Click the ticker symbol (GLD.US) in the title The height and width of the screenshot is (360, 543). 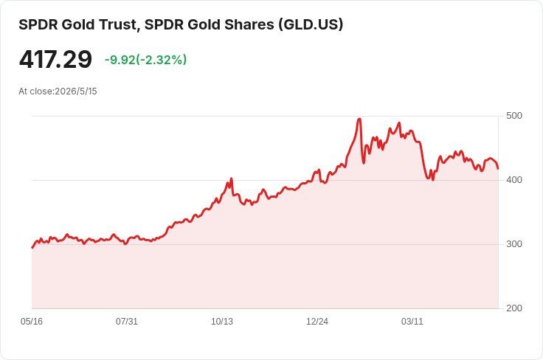click(x=311, y=24)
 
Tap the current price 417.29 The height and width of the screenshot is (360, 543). click(x=55, y=59)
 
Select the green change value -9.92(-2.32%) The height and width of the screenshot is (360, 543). click(x=146, y=60)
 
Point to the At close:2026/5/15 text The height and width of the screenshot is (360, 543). click(x=58, y=91)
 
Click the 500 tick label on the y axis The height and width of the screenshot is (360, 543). click(x=514, y=116)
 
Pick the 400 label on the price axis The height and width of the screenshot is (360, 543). click(x=514, y=180)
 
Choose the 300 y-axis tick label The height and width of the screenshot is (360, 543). click(x=514, y=244)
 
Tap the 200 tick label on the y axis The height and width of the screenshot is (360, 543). click(x=514, y=308)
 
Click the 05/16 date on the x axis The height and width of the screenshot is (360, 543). click(x=32, y=322)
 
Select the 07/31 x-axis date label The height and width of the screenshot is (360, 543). click(x=127, y=322)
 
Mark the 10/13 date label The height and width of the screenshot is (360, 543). click(x=222, y=322)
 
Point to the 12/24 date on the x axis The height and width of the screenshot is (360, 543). click(x=317, y=322)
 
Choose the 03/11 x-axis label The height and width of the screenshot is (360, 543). click(x=412, y=322)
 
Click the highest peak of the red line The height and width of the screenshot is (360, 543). click(x=359, y=119)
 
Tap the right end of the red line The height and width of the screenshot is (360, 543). click(x=498, y=169)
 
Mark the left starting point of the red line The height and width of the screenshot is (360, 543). click(x=32, y=248)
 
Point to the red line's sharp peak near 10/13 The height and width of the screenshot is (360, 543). click(x=231, y=179)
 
